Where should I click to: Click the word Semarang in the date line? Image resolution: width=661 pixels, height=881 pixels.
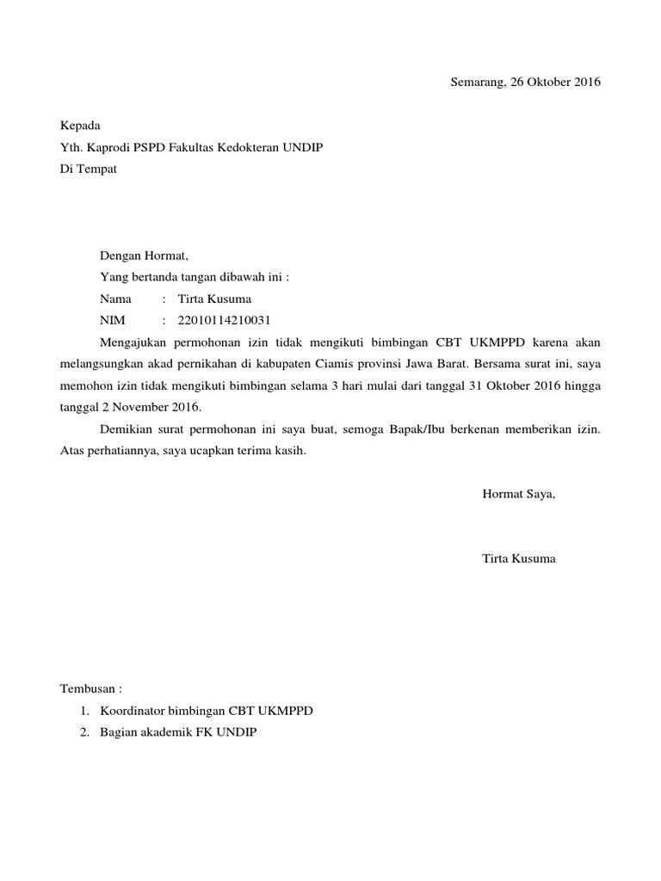[x=476, y=83]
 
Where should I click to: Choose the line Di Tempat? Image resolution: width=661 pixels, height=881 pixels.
[x=88, y=169]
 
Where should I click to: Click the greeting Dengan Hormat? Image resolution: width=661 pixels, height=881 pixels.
[x=143, y=256]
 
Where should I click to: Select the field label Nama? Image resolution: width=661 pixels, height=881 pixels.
[x=116, y=299]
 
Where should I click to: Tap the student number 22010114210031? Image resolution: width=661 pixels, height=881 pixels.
[x=224, y=321]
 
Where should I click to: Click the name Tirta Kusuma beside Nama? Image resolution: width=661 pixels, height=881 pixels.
[x=214, y=299]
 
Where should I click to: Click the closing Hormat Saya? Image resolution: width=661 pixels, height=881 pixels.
[x=518, y=494]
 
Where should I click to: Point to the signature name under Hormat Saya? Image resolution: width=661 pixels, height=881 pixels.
[x=518, y=558]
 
